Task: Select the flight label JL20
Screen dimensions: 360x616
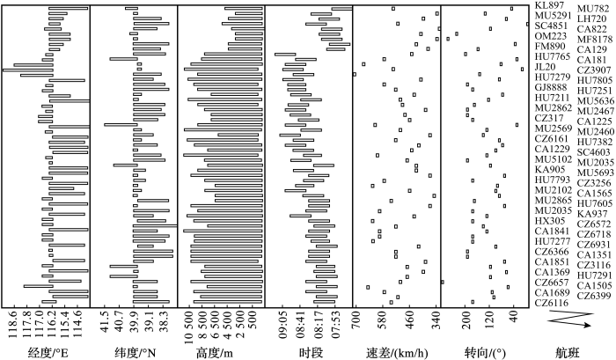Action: [544, 67]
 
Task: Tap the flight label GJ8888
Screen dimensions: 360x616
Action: [550, 88]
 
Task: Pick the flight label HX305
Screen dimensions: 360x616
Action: [547, 220]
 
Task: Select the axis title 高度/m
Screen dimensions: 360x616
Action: [221, 350]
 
